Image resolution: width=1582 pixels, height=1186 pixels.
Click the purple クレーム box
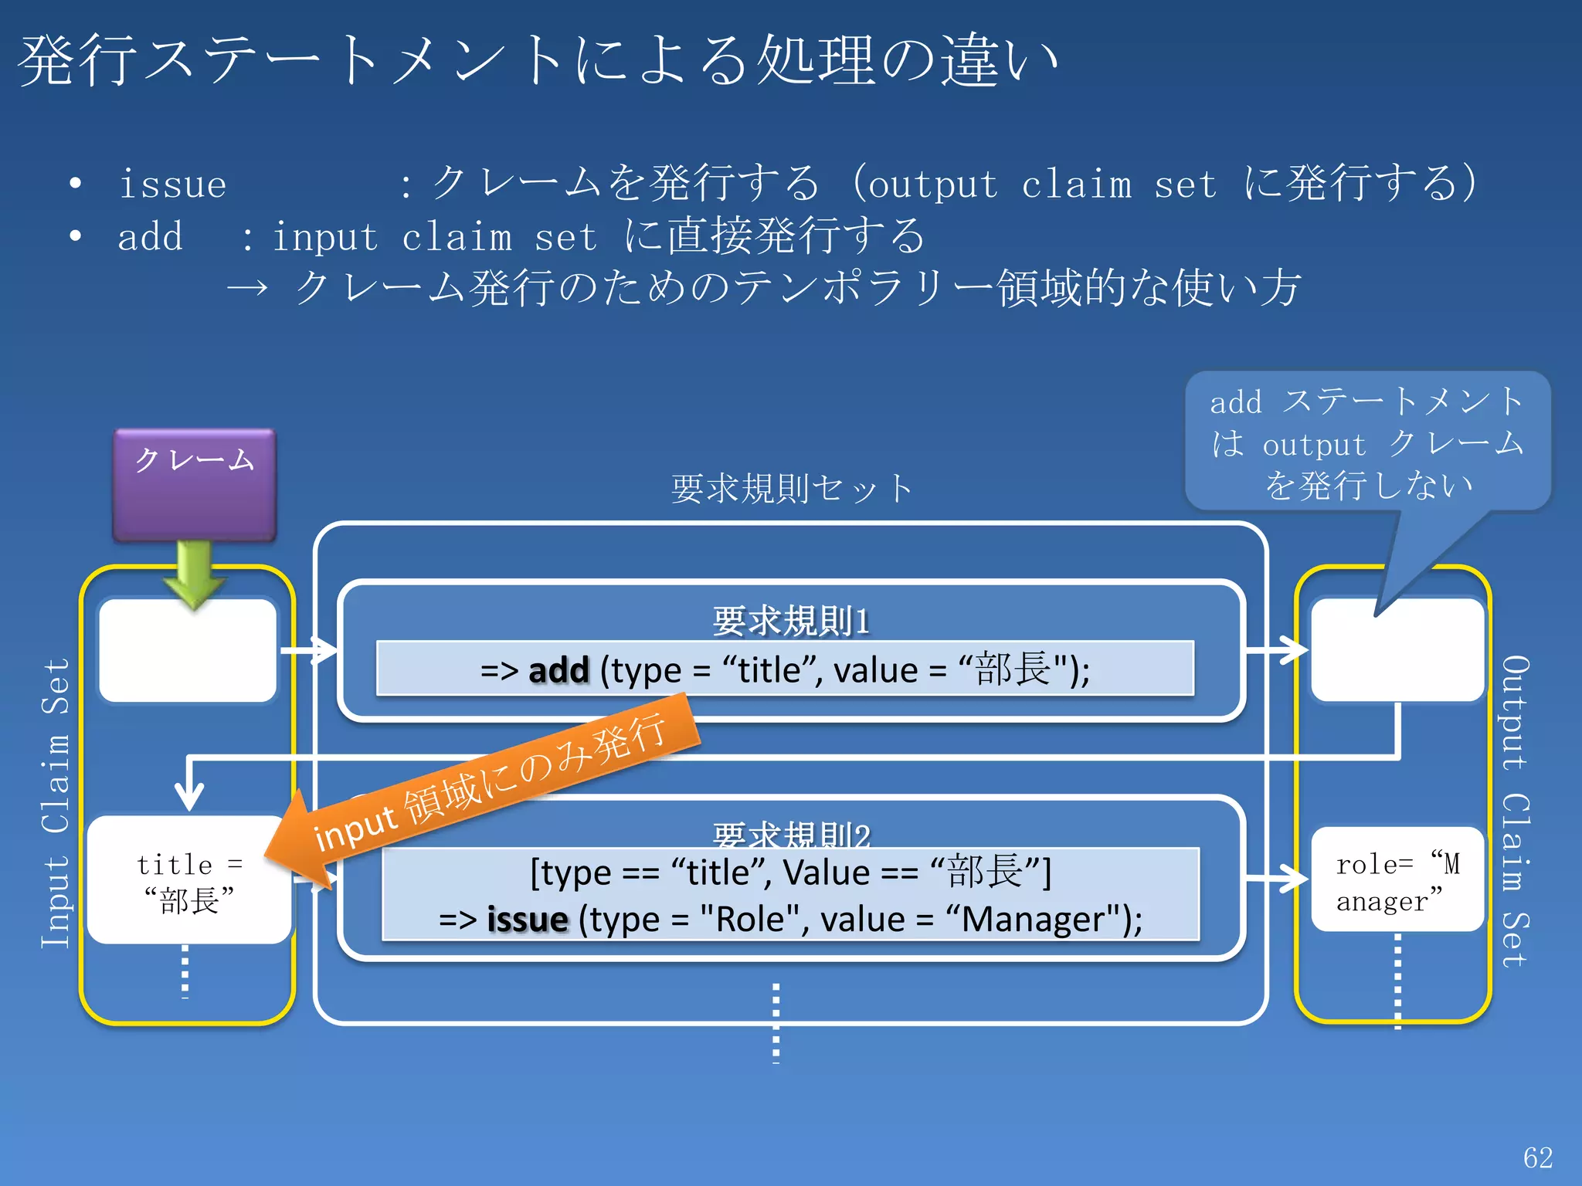pos(195,485)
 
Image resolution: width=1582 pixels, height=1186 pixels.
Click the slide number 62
pos(1537,1157)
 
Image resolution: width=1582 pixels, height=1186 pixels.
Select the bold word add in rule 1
pos(558,669)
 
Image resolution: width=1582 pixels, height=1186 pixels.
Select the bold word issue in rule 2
pos(528,919)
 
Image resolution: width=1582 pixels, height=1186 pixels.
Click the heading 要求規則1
pos(791,620)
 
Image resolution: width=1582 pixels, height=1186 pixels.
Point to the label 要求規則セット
pos(791,489)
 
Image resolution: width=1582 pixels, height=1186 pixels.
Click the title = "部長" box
pos(189,880)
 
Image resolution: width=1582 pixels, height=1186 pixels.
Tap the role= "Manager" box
pos(1397,880)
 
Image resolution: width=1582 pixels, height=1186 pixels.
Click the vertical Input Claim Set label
pos(56,803)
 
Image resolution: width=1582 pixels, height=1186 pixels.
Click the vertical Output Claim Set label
pos(1516,811)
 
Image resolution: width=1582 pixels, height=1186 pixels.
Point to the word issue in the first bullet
pos(172,184)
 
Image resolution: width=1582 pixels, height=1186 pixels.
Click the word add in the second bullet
pos(150,236)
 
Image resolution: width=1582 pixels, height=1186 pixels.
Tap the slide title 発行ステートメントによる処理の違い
pos(538,60)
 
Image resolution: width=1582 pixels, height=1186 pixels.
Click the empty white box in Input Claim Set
pos(188,650)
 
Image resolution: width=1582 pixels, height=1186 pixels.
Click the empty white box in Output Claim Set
pos(1397,650)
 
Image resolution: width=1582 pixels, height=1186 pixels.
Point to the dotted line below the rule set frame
pos(776,1023)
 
